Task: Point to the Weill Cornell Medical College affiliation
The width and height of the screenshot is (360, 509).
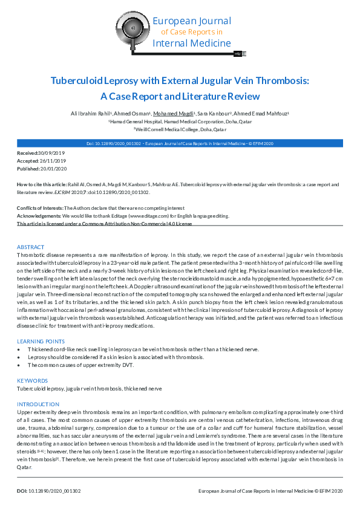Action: (x=180, y=129)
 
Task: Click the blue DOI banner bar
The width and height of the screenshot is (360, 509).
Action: (x=180, y=144)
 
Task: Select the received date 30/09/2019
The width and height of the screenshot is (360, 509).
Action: (x=51, y=154)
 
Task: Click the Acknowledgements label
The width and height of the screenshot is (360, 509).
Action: (x=37, y=216)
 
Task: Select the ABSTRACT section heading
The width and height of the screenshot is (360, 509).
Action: (x=30, y=247)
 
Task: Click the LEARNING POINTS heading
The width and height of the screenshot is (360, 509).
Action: (x=41, y=342)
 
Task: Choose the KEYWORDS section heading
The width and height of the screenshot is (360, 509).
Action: (x=32, y=381)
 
